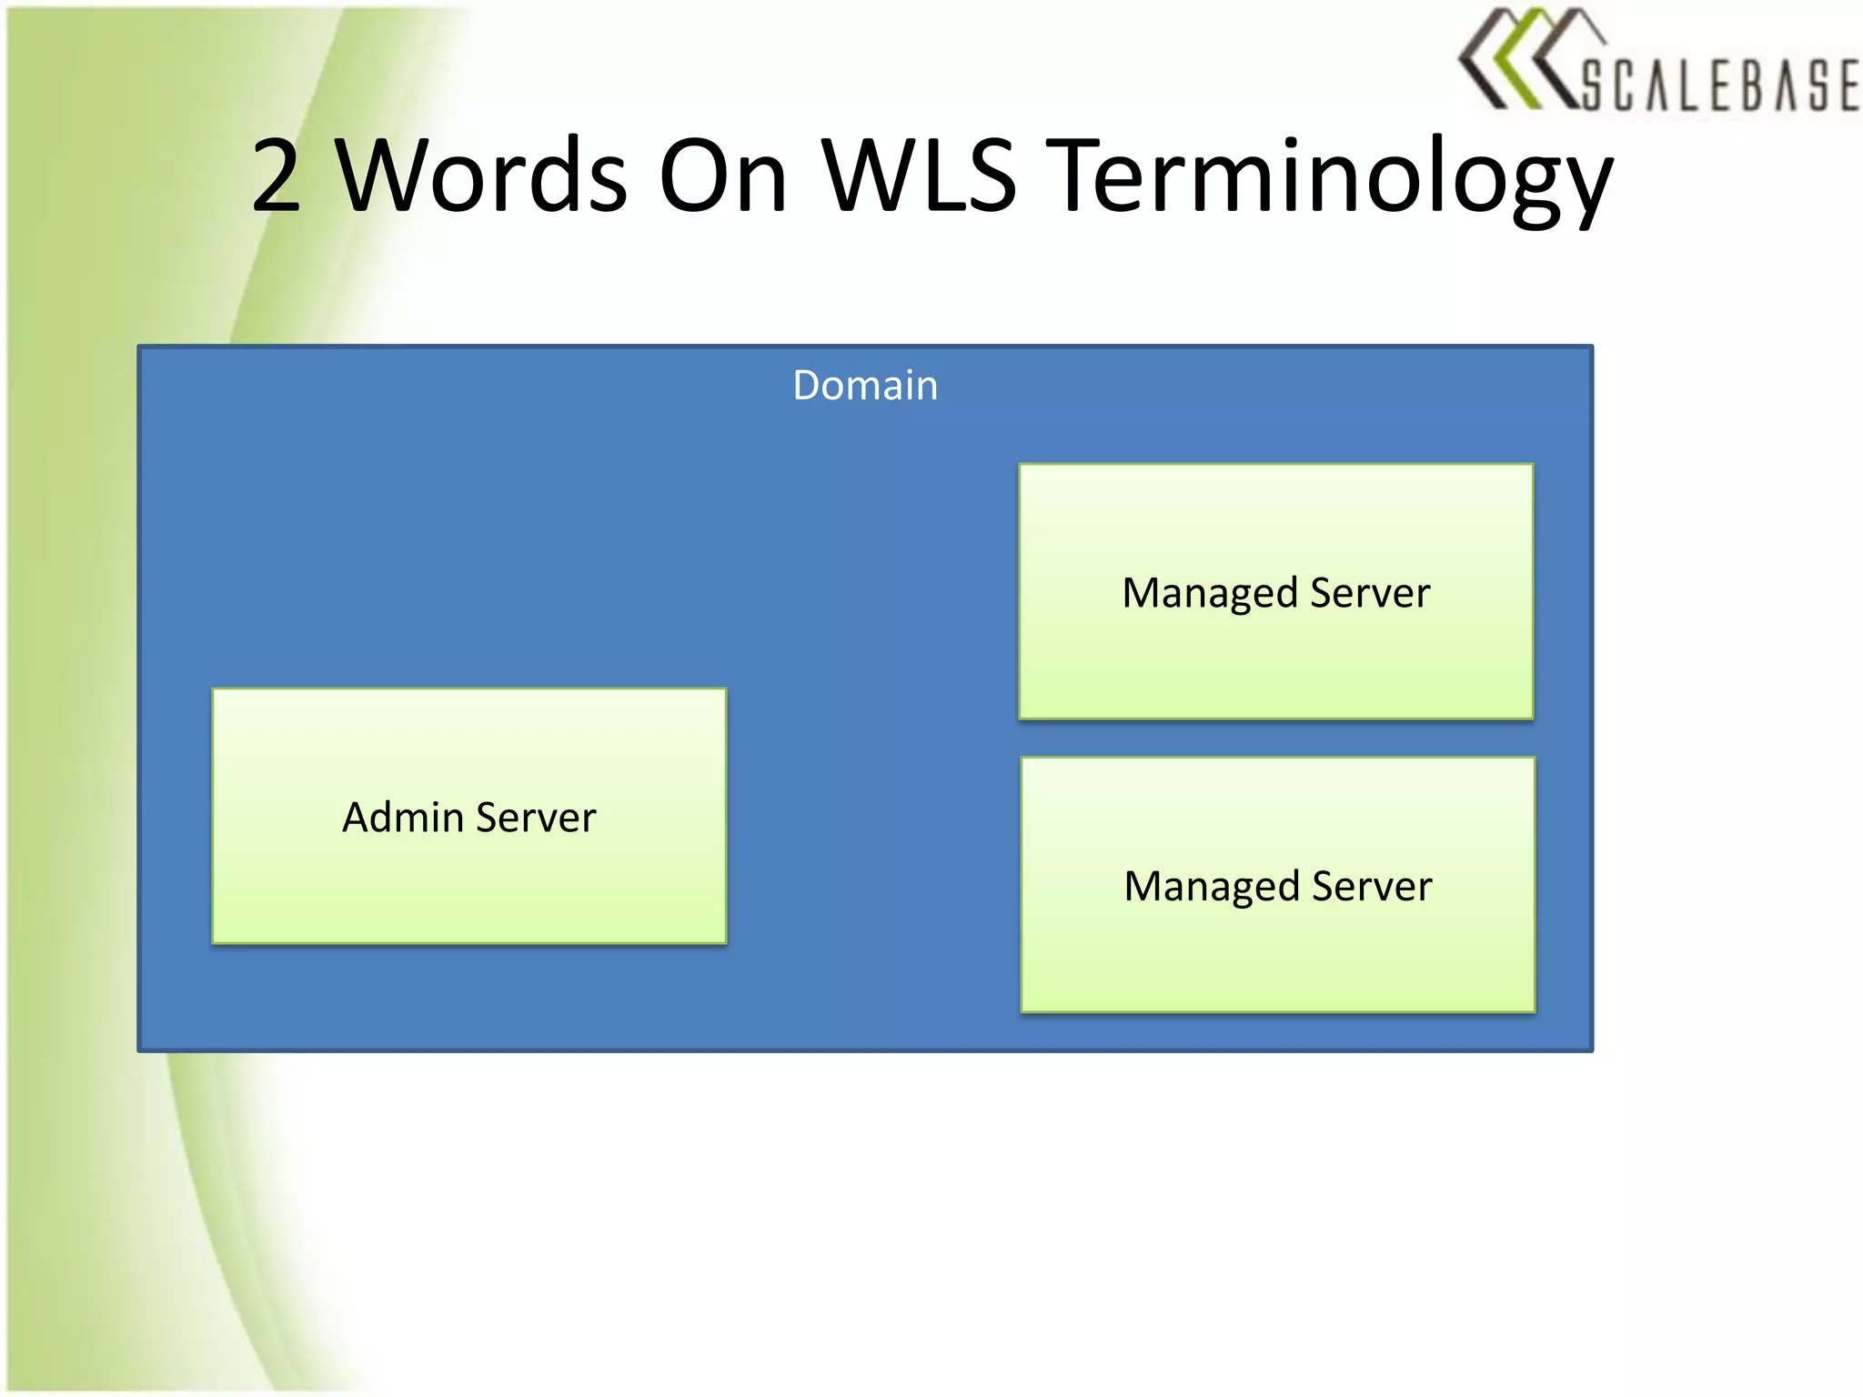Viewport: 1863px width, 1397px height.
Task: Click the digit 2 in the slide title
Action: tap(276, 176)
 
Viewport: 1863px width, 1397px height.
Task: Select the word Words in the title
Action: tap(481, 176)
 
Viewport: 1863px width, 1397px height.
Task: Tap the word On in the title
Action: tap(722, 176)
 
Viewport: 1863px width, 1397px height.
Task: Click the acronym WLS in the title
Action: tap(919, 176)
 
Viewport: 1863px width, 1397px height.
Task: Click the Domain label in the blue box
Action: tap(865, 386)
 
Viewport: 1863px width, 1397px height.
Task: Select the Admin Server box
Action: tap(469, 873)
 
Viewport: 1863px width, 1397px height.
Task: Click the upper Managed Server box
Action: tap(1275, 655)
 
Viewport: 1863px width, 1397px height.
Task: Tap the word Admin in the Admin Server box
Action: tap(403, 817)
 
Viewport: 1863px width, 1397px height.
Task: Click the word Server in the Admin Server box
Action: tap(537, 817)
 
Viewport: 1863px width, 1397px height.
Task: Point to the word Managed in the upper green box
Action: tap(1210, 594)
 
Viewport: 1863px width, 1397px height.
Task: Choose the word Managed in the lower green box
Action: tap(1212, 887)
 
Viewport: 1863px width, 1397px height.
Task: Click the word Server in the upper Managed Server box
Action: tap(1370, 593)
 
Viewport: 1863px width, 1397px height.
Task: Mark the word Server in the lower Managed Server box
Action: tap(1372, 886)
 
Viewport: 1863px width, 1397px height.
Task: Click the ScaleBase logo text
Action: tap(1719, 85)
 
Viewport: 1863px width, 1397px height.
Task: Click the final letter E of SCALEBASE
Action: tap(1847, 85)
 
